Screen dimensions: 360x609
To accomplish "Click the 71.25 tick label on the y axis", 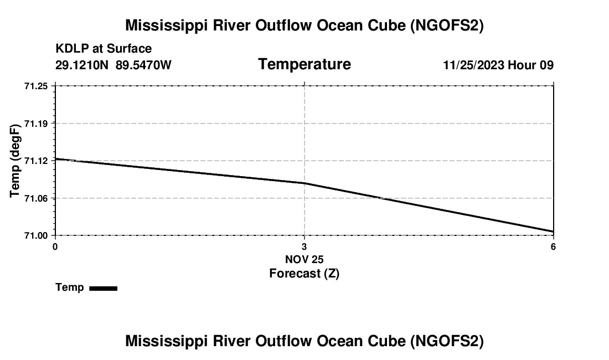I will point(35,86).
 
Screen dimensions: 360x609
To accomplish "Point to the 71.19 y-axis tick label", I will point(35,123).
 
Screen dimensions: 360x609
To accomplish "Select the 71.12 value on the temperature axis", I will point(35,161).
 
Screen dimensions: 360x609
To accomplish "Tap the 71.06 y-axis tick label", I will point(35,198).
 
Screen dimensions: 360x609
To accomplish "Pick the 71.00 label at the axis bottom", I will point(35,235).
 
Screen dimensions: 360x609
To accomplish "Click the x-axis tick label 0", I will point(55,246).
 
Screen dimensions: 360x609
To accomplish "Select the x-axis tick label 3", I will point(304,246).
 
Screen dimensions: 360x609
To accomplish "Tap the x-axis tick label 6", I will point(553,246).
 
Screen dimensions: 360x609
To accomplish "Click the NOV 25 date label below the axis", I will point(304,259).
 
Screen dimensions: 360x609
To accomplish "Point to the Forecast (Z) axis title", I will point(304,273).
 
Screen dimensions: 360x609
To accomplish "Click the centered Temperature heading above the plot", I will point(304,64).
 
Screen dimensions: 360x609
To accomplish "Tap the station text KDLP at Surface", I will point(104,49).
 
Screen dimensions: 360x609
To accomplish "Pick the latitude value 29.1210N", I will point(82,65).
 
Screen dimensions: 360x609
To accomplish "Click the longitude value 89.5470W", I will point(143,65).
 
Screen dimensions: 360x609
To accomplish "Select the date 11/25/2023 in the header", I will point(473,65).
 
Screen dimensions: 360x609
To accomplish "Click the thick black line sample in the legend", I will point(103,288).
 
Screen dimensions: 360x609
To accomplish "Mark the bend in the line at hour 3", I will point(304,183).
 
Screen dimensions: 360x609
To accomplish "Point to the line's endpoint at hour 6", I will point(553,232).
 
